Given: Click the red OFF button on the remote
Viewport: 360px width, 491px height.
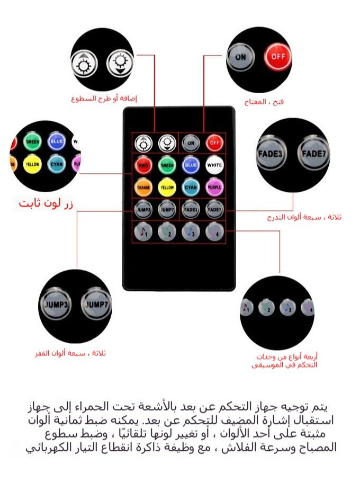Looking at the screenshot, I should [x=214, y=142].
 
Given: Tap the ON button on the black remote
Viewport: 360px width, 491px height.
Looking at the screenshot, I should [x=191, y=142].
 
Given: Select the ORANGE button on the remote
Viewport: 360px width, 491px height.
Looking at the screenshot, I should [x=143, y=186].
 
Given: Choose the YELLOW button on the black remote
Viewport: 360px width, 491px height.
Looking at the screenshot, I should [x=167, y=186].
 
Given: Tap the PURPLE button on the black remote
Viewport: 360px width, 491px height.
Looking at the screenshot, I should [x=214, y=186].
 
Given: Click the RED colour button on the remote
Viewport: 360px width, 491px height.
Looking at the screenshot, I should [x=143, y=165].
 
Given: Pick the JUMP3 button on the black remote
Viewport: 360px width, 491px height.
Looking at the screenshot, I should [x=143, y=210].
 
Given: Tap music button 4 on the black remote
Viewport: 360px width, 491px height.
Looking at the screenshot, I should [x=214, y=232].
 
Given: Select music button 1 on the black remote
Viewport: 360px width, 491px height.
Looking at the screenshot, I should [x=143, y=232].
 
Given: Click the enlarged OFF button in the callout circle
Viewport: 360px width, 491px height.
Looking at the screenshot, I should [x=278, y=56].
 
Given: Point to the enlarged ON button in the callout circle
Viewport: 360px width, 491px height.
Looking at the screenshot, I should [x=241, y=56].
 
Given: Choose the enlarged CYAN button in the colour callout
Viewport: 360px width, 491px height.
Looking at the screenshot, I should [x=56, y=164].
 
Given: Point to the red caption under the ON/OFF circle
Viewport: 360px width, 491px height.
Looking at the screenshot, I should [x=264, y=101].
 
